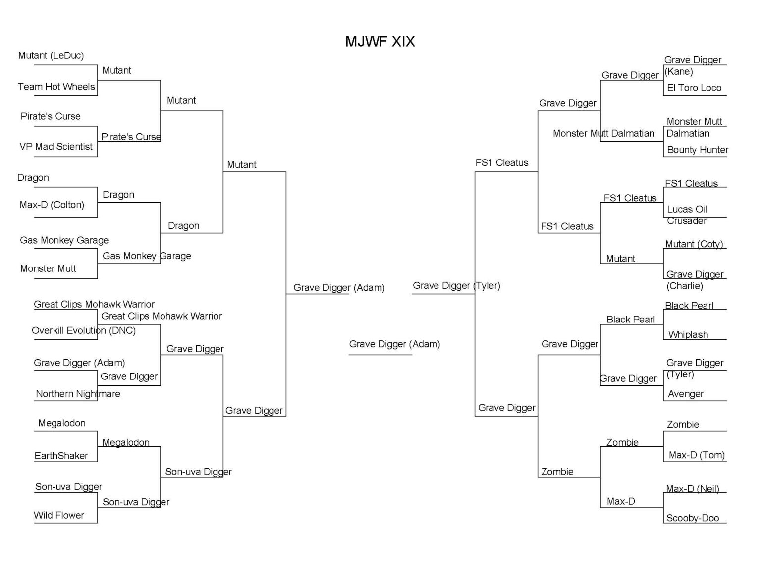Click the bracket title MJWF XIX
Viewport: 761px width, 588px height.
(380, 41)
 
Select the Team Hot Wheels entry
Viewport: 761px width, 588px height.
(56, 87)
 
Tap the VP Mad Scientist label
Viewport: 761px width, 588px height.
(56, 147)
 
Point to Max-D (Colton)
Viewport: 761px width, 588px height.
(52, 205)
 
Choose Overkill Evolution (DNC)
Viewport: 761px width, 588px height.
(84, 330)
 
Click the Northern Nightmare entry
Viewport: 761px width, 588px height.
(78, 394)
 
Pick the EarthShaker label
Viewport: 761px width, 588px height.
(61, 456)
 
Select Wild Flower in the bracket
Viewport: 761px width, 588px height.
(58, 515)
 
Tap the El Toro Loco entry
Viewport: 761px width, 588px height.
(694, 88)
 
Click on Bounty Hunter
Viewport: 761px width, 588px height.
(697, 150)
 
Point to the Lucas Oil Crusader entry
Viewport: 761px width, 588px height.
(687, 214)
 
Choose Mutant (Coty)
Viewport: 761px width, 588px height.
(694, 244)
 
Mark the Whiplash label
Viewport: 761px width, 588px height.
(688, 335)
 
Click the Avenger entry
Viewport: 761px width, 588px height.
(686, 394)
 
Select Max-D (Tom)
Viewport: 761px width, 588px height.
(696, 455)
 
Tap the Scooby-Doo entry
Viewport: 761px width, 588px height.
(692, 518)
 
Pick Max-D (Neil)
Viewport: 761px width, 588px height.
(692, 489)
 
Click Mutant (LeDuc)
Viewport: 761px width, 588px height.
(51, 55)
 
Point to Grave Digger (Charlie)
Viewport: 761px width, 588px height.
(694, 280)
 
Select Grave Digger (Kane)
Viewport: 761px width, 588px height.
(692, 65)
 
